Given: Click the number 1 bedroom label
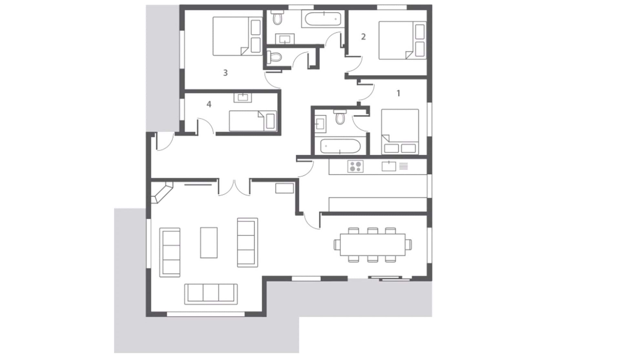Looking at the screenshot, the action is (398, 93).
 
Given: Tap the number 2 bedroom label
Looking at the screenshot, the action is (363, 37).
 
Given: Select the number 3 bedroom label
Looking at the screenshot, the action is (225, 73).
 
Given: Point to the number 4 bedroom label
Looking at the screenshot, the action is (209, 104).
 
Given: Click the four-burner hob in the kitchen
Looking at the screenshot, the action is (355, 166).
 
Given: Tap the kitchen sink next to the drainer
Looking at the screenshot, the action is (389, 166).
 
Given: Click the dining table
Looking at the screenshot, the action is (373, 244).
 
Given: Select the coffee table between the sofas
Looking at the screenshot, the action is (209, 242).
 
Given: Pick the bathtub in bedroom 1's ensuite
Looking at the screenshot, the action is (340, 146).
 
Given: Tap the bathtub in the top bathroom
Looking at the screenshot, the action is (323, 19).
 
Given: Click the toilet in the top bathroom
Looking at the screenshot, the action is (277, 17).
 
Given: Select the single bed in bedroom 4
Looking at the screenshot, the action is (253, 121).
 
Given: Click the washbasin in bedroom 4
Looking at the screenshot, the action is (243, 98).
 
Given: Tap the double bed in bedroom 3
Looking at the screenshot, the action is (237, 36).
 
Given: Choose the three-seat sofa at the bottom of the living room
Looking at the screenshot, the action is (211, 294).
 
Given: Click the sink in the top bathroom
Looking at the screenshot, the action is (285, 39).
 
